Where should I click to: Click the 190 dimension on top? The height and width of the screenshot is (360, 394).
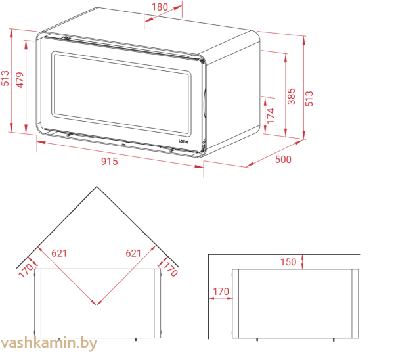click(159, 7)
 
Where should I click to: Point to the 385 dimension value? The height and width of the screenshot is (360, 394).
click(292, 96)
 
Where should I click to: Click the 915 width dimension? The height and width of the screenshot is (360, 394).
click(110, 162)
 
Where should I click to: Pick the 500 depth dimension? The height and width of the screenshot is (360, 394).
click(283, 160)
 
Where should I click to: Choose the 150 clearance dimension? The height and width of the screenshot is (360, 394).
click(288, 262)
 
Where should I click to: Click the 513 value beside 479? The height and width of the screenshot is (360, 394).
click(5, 81)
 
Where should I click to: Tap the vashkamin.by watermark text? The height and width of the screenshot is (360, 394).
click(49, 343)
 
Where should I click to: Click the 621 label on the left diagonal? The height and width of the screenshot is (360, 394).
click(59, 252)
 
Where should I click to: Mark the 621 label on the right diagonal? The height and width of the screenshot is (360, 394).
click(133, 252)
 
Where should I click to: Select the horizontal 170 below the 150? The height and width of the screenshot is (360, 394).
click(221, 291)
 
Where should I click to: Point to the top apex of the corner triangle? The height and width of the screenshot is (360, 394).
click(97, 187)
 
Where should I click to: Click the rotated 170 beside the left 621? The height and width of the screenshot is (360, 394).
click(26, 270)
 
